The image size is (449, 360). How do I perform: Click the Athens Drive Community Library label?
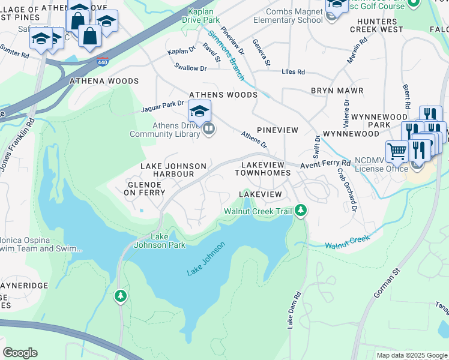pos(164,130)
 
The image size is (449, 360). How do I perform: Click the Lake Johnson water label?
pos(205,259)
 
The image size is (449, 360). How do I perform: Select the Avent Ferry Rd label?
pos(325,163)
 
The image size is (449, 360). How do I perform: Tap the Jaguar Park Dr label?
pos(162,107)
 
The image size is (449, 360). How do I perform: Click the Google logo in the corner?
pos(20,352)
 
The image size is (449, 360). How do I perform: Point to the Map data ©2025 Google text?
pos(411,355)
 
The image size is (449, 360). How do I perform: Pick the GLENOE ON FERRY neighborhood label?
pos(145,188)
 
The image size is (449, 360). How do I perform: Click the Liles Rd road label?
pos(293,72)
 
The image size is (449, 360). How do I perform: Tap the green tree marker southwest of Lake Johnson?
pos(121,296)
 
